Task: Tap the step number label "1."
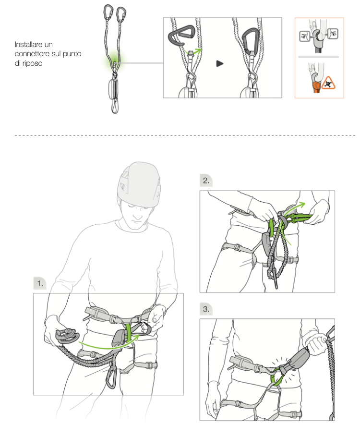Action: [x=40, y=283]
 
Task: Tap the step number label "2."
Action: [x=206, y=181]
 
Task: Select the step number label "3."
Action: [x=206, y=309]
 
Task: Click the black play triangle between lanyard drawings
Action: [x=219, y=63]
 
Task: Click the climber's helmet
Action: [x=139, y=184]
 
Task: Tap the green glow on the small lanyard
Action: [x=115, y=60]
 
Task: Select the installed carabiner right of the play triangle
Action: [x=250, y=41]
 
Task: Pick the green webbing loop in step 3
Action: [x=276, y=377]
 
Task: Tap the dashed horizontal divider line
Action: [x=185, y=135]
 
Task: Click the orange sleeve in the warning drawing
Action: [x=316, y=87]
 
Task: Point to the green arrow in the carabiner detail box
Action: [x=193, y=51]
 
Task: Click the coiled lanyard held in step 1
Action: [x=67, y=336]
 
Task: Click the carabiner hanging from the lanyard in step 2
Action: [x=276, y=280]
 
